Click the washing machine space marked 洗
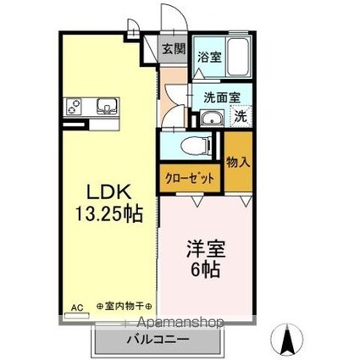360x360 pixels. (241, 116)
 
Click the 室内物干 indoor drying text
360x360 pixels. (125, 306)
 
